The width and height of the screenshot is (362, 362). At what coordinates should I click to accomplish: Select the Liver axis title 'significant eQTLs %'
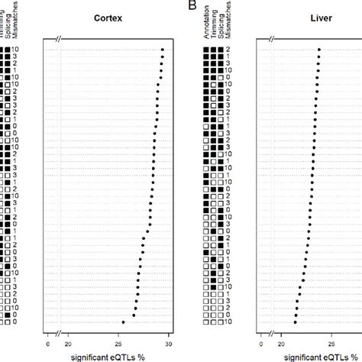pyautogui.click(x=308, y=355)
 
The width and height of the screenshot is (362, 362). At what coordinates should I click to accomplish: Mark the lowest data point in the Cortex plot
pyautogui.click(x=124, y=322)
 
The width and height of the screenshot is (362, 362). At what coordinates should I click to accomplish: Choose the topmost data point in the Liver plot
pyautogui.click(x=319, y=50)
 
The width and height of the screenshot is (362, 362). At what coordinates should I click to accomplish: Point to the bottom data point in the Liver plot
pyautogui.click(x=296, y=322)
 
